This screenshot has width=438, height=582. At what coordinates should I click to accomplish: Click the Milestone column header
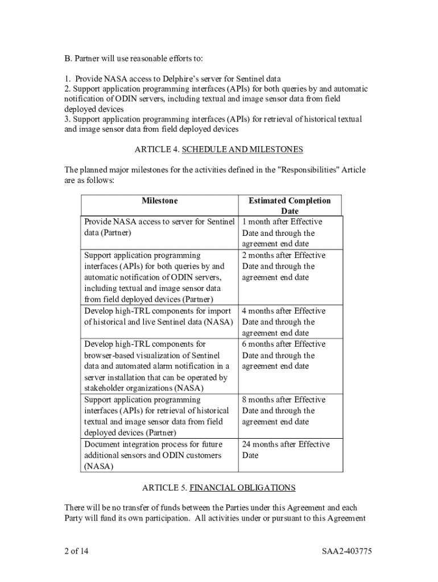(x=159, y=201)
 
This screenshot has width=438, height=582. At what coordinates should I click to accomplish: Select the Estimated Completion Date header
(x=289, y=206)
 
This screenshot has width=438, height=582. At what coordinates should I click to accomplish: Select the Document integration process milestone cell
(x=153, y=455)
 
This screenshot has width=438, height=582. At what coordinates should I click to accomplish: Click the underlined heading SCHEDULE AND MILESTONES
(x=242, y=149)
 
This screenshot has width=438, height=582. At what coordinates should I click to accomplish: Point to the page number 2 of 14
(x=76, y=551)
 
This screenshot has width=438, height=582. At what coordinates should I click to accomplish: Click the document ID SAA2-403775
(x=346, y=551)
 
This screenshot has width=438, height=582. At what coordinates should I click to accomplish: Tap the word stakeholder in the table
(x=105, y=388)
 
